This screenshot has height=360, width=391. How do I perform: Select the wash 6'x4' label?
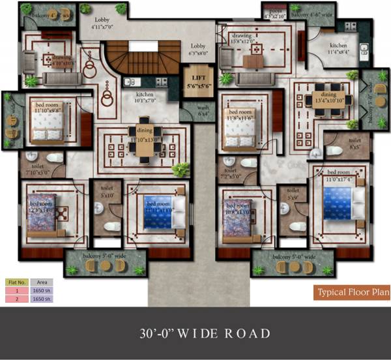coord(204,111)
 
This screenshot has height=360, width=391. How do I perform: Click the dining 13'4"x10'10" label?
coord(329,97)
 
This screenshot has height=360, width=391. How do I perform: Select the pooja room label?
coord(274,12)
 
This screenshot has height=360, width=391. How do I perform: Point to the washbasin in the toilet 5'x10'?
coord(98,208)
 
